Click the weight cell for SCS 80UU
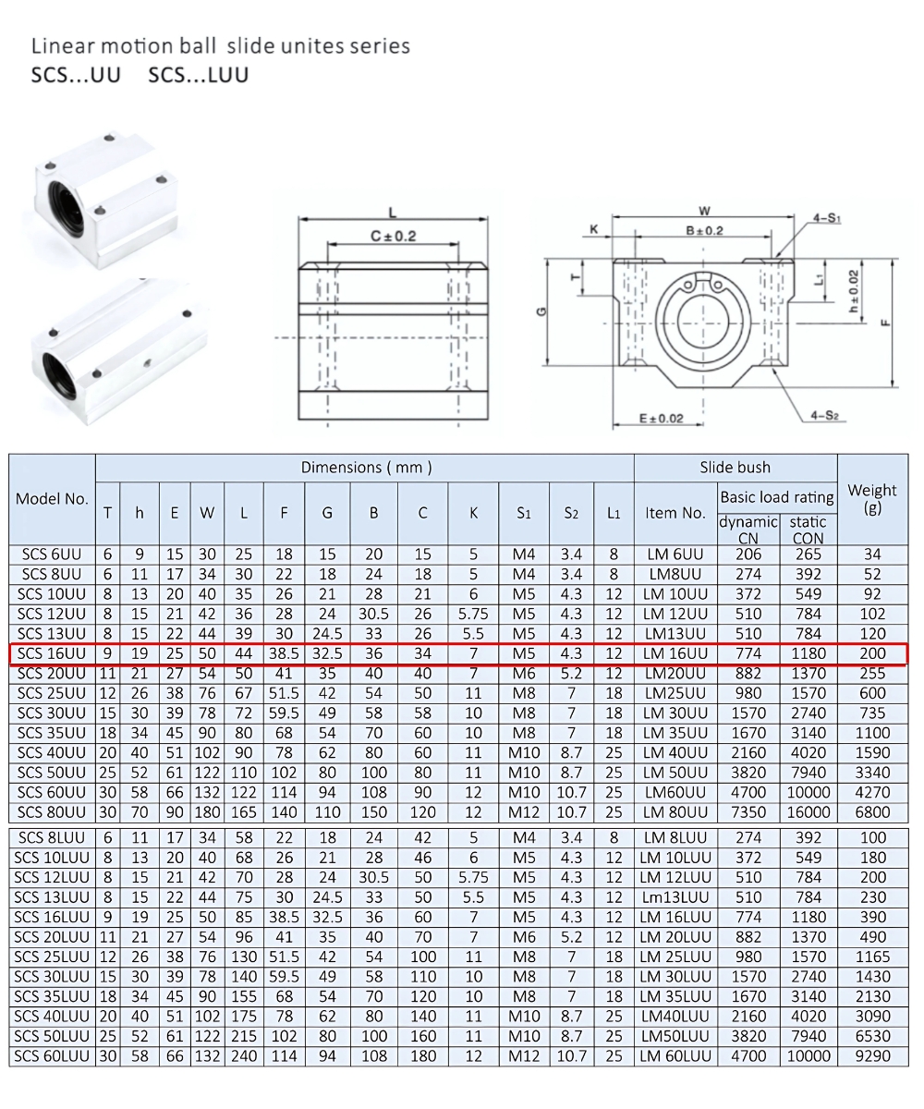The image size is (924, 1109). click(x=872, y=812)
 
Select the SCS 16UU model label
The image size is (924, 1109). click(x=52, y=653)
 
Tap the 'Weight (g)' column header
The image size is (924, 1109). click(x=872, y=499)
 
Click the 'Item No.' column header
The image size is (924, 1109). click(x=675, y=513)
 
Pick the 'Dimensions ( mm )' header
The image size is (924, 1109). click(x=366, y=468)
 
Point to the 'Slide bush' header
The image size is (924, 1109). click(x=735, y=468)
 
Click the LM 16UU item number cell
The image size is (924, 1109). click(x=675, y=653)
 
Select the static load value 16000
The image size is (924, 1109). click(x=808, y=812)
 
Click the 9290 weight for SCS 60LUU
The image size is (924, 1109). click(x=872, y=1056)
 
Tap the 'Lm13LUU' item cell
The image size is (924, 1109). click(x=675, y=897)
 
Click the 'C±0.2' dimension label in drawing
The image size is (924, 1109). click(x=394, y=236)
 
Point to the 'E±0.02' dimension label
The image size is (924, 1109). click(x=662, y=419)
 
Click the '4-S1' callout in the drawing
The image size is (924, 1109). click(x=826, y=219)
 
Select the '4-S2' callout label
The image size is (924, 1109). click(x=824, y=416)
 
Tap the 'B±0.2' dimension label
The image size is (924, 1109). click(x=704, y=230)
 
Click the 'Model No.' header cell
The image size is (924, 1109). click(x=52, y=499)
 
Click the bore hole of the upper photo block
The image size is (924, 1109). click(x=69, y=201)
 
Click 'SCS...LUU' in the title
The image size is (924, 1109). click(x=198, y=75)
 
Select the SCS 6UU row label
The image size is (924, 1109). click(x=52, y=554)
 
